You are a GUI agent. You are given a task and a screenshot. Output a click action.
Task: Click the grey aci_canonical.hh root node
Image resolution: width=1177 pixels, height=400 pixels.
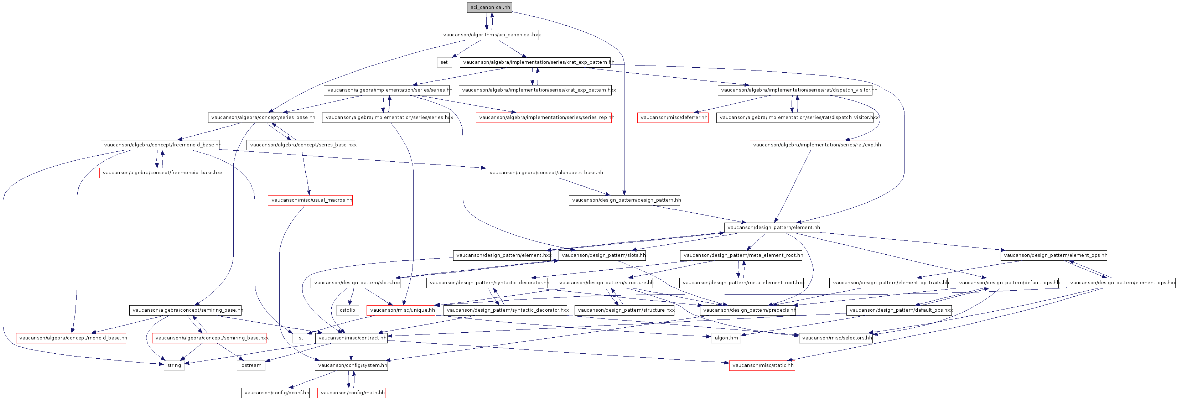point(489,7)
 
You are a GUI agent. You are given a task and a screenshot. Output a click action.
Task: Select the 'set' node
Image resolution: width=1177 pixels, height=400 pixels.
point(444,62)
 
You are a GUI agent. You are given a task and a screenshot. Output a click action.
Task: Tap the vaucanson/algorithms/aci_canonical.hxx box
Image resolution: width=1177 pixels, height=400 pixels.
point(489,35)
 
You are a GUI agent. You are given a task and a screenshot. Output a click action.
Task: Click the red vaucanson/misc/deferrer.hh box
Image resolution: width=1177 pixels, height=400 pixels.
point(673,117)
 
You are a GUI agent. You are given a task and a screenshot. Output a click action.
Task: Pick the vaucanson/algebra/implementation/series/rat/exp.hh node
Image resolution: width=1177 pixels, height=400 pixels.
point(814,145)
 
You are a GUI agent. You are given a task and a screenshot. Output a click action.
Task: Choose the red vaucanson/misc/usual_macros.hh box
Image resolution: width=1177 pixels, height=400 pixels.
point(310,200)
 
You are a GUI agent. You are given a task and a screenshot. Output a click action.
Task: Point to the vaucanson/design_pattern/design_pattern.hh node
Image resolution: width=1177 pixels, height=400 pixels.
point(624,200)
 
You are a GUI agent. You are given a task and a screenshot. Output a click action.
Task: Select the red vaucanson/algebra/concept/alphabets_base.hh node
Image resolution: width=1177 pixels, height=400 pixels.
point(543,173)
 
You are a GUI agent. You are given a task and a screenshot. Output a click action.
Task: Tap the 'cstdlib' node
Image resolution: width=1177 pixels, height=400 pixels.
point(347,310)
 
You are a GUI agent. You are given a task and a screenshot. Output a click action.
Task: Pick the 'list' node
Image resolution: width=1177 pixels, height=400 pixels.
point(299,338)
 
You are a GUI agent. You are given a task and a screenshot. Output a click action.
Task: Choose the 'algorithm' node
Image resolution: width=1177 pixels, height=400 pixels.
point(726,338)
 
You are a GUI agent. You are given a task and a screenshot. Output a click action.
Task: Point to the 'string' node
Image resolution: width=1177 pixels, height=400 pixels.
point(174,365)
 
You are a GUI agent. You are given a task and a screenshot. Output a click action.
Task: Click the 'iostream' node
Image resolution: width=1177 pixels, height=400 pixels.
point(251,365)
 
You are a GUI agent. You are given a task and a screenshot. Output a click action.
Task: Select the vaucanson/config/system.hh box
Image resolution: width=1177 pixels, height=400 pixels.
point(351,365)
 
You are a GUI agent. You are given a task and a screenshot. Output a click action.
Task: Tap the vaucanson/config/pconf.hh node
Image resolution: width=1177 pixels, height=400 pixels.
point(275,393)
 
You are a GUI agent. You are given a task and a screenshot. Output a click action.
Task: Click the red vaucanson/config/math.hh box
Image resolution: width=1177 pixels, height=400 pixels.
point(351,393)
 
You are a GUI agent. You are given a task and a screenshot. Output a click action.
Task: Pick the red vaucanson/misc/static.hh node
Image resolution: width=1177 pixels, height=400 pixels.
point(762,365)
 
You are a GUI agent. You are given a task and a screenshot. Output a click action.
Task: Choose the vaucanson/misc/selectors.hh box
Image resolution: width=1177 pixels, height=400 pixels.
point(836,338)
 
